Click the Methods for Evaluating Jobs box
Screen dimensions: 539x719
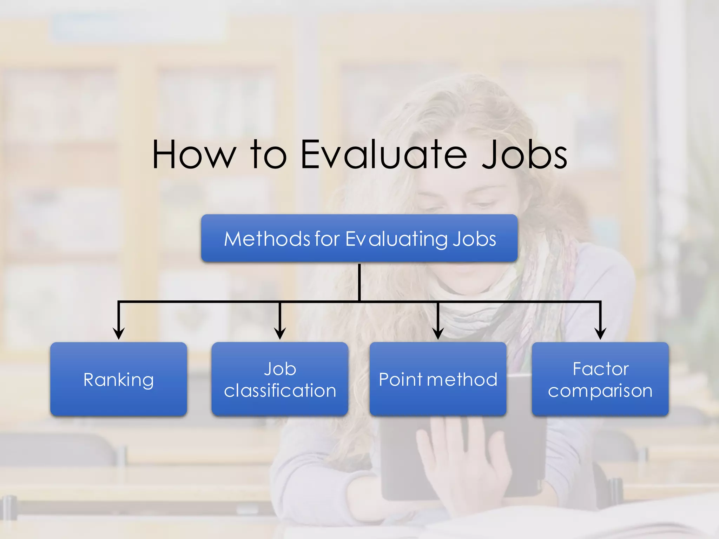pos(359,238)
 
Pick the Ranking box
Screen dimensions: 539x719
pos(119,379)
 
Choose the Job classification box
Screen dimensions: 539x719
pos(280,379)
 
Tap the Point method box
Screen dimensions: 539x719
pos(438,379)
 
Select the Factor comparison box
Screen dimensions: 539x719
pos(600,379)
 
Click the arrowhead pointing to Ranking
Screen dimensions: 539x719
pos(119,333)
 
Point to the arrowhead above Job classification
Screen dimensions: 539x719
pos(280,333)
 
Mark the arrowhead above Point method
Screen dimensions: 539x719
pos(438,333)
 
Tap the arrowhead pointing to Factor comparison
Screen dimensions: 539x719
pos(600,333)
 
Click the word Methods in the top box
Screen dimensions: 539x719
pos(267,239)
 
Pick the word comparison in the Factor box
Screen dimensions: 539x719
pos(600,391)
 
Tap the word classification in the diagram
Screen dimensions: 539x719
pos(280,391)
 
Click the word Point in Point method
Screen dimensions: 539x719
pos(401,380)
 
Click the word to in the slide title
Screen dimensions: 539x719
pos(269,154)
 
